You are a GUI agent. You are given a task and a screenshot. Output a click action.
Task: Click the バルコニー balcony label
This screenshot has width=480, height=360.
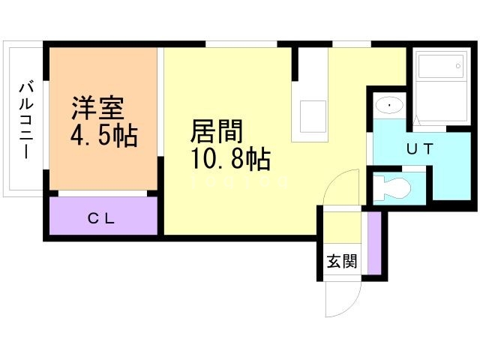26,120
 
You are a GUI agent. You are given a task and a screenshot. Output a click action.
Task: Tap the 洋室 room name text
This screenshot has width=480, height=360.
98,108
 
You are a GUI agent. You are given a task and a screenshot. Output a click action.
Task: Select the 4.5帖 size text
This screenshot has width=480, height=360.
103,135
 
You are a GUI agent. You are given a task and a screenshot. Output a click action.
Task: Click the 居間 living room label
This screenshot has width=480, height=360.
217,131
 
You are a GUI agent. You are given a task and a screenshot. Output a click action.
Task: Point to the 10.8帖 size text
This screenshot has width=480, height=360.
230,158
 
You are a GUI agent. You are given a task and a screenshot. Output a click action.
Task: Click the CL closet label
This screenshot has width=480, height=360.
101,218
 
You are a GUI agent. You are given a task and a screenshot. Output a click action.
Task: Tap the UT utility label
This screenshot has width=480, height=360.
420,148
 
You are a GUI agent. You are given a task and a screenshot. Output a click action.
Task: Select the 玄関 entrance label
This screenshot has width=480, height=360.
342,261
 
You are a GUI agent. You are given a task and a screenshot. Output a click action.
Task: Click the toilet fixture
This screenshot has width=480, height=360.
393,187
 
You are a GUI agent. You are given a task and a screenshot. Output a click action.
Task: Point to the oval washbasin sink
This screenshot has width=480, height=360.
389,105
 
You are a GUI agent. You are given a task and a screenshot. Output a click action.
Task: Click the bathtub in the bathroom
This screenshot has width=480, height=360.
441,66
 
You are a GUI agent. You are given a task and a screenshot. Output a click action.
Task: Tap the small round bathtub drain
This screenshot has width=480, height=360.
458,66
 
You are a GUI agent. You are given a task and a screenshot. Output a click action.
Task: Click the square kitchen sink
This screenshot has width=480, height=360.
313,116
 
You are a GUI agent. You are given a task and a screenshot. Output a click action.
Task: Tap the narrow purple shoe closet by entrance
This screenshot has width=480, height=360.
374,243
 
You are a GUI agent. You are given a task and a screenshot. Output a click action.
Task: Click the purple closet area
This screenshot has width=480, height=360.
103,216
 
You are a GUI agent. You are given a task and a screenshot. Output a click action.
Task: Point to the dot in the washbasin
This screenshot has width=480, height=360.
389,105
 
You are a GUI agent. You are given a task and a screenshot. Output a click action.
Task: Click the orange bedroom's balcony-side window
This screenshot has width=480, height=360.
46,125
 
